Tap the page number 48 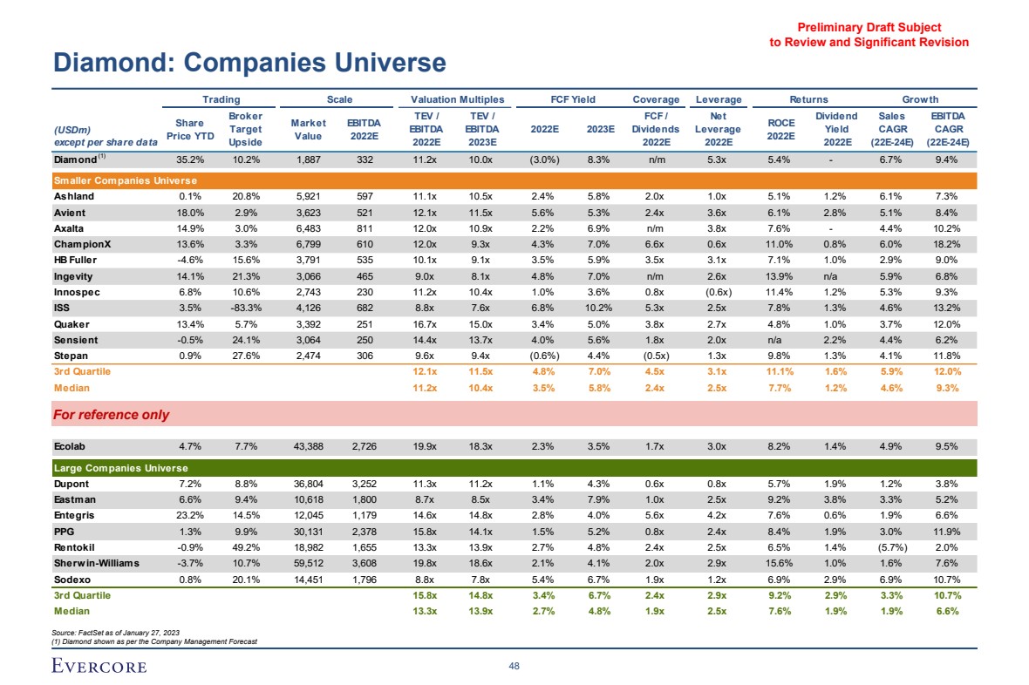(514, 666)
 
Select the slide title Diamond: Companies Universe (249, 63)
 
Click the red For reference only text (112, 415)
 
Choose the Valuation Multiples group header (457, 99)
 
